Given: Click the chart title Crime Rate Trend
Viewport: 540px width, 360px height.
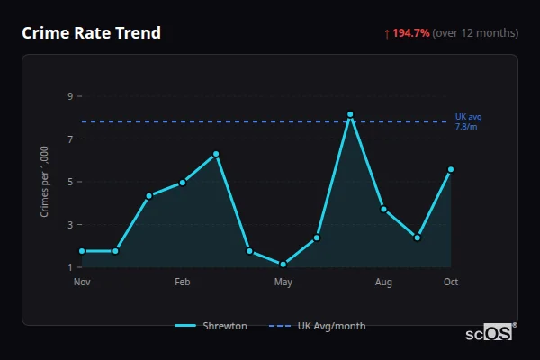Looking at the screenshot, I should click(x=91, y=33).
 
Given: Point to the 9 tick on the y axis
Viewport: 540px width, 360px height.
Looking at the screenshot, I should click(x=70, y=96).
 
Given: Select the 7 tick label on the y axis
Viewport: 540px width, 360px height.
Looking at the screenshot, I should click(x=70, y=139).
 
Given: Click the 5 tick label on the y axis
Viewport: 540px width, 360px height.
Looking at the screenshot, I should click(x=70, y=182).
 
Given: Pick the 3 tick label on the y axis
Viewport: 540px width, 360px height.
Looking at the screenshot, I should click(x=70, y=225).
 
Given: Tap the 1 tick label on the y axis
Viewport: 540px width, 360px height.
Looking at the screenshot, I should click(x=70, y=267).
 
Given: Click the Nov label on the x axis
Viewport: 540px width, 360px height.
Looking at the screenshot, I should click(x=82, y=283).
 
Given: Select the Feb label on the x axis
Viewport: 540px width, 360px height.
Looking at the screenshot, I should click(x=183, y=283).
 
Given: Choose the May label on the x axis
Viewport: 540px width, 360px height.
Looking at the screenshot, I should click(x=283, y=283).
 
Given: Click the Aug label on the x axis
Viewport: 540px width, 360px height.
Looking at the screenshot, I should click(x=384, y=283).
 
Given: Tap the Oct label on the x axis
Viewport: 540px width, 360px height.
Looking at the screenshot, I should click(x=451, y=283).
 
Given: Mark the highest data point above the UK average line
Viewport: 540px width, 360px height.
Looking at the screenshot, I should click(x=350, y=114).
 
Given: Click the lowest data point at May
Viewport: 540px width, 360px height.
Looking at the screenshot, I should click(x=283, y=264).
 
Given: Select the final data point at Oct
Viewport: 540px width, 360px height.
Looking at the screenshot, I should click(x=451, y=169).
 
